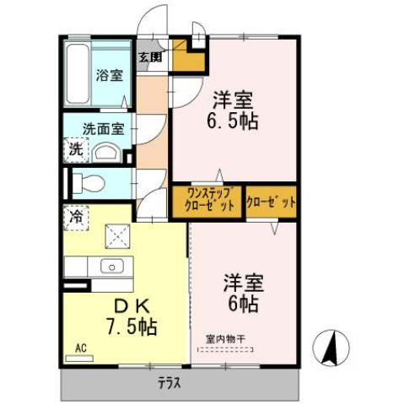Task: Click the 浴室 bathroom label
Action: click(x=110, y=74)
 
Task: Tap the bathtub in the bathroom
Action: click(x=78, y=73)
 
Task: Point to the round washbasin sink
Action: click(x=105, y=153)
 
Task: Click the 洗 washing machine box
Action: click(x=75, y=152)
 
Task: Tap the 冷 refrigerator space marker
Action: click(x=74, y=216)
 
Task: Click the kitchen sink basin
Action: click(x=110, y=267)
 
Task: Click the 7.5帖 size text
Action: click(x=131, y=326)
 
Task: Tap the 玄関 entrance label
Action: click(x=152, y=57)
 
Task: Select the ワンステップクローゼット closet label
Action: click(x=207, y=202)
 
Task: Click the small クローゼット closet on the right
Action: click(x=272, y=202)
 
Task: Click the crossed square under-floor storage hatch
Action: click(x=116, y=237)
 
